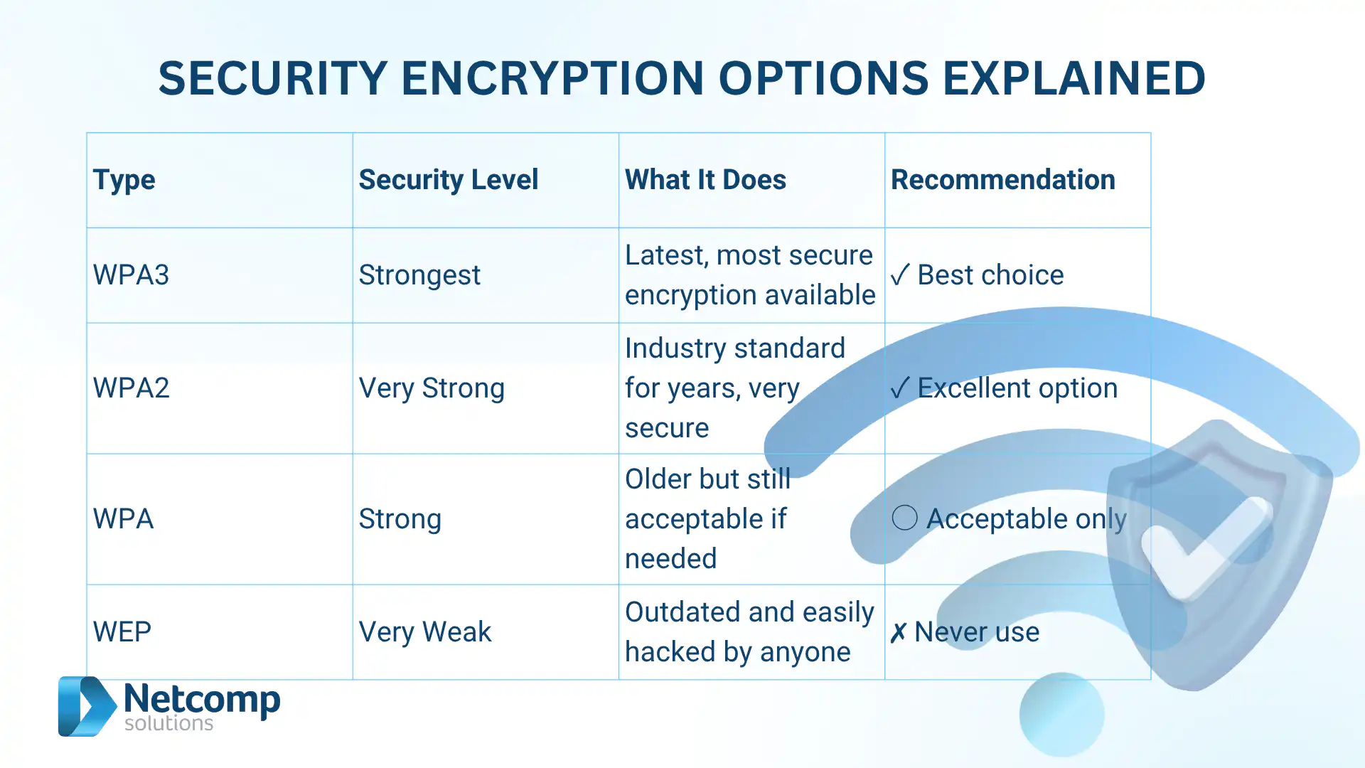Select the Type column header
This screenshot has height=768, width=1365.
[124, 180]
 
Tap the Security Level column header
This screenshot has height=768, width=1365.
[448, 180]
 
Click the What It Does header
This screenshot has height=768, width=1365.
[705, 180]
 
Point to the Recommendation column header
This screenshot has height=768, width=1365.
[1002, 180]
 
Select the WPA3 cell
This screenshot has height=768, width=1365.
[132, 275]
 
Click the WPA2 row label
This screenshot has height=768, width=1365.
[132, 388]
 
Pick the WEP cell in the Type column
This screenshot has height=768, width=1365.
[122, 632]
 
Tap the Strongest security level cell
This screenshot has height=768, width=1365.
[419, 275]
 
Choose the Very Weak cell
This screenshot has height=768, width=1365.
[425, 632]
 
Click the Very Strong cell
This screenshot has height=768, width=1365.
[432, 388]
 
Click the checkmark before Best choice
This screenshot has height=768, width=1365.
[899, 275]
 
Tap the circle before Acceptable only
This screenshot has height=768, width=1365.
[904, 518]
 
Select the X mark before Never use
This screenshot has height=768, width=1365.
[898, 632]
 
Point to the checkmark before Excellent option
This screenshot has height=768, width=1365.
[899, 388]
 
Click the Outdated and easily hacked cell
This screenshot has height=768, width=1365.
[749, 632]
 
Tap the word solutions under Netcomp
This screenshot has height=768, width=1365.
[168, 723]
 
